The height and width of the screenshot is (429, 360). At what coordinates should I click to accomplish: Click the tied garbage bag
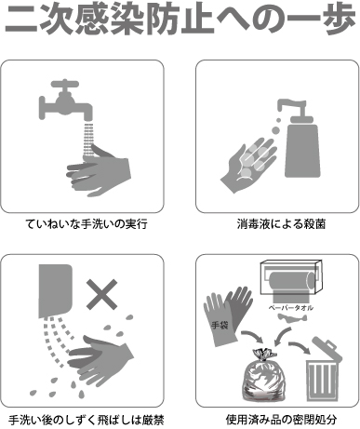[265, 378]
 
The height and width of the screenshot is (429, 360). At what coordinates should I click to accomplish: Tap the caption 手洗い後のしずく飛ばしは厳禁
[87, 419]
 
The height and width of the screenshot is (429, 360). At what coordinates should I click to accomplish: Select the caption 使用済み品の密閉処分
[274, 419]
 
